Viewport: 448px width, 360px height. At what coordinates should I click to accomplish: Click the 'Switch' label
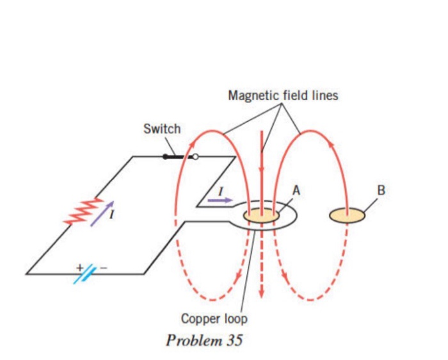162,129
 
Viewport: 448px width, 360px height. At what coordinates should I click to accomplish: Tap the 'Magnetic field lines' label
283,96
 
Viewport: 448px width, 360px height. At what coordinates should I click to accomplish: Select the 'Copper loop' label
214,318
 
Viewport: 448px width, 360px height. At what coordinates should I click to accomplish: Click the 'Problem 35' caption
204,340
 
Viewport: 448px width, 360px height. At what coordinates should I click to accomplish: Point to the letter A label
296,190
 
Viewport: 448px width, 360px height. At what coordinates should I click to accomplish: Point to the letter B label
382,190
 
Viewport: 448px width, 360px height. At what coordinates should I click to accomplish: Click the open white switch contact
195,156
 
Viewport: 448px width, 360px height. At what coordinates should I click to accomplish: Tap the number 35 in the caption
234,340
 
